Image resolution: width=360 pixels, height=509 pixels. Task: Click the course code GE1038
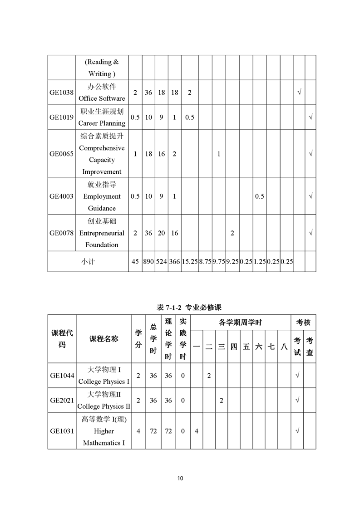click(x=61, y=93)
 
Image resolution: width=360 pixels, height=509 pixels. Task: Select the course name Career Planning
click(x=102, y=117)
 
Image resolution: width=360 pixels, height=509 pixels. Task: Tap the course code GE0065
click(x=61, y=154)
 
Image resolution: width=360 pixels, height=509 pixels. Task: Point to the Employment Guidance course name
click(x=102, y=196)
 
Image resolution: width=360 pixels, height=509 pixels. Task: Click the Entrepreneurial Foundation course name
click(x=102, y=233)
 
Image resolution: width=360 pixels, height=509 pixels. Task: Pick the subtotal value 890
click(x=148, y=262)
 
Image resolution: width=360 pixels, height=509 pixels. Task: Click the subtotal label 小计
click(x=88, y=262)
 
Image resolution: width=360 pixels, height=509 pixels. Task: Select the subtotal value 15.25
click(x=189, y=262)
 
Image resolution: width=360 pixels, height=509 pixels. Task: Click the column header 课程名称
click(x=104, y=339)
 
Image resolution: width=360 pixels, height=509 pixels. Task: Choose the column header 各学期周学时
click(x=240, y=323)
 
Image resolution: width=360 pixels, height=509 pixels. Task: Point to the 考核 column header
click(x=303, y=323)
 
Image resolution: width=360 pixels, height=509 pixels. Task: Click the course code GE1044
click(x=62, y=375)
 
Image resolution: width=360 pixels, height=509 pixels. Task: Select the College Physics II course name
click(x=104, y=400)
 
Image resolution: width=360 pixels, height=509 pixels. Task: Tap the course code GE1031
click(x=62, y=431)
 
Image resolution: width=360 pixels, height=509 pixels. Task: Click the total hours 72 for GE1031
click(x=153, y=431)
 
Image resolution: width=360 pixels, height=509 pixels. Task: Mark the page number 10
click(x=180, y=478)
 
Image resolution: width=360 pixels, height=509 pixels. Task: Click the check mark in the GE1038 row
click(x=299, y=93)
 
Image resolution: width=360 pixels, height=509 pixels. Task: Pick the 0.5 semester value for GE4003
click(x=259, y=196)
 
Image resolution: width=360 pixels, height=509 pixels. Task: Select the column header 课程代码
click(x=62, y=339)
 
